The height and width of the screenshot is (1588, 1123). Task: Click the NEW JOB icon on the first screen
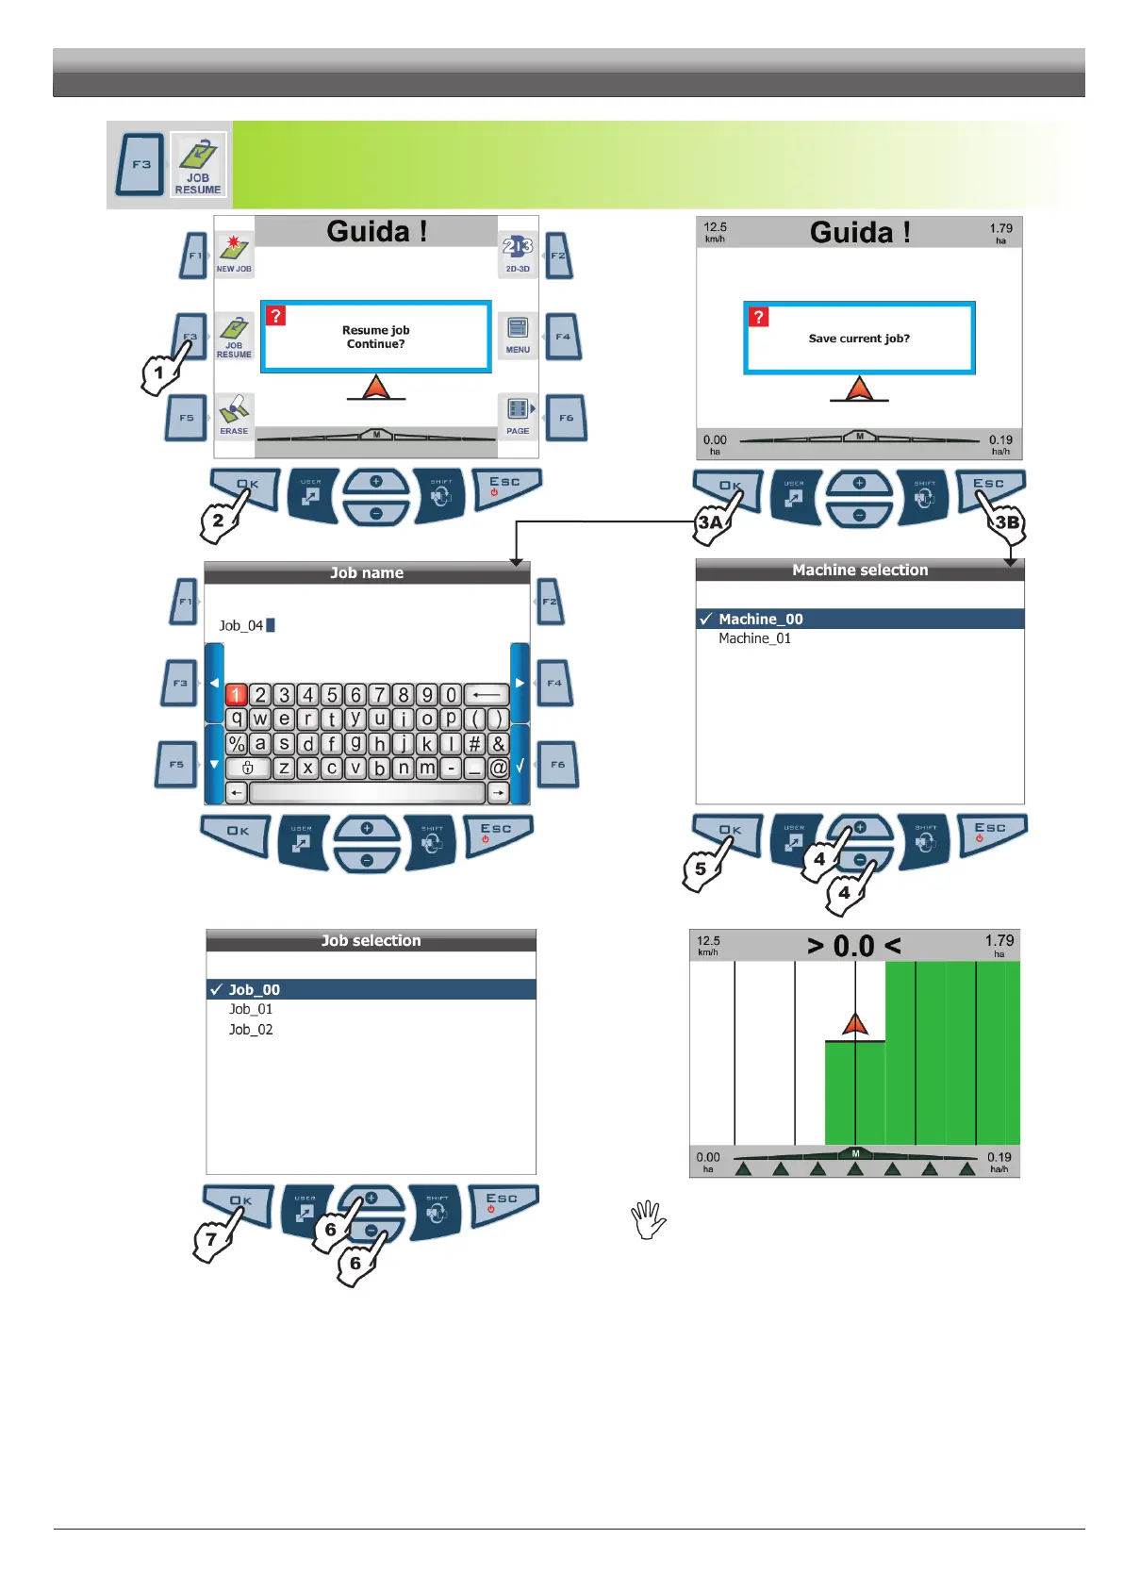pyautogui.click(x=233, y=253)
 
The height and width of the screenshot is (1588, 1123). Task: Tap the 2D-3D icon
pyautogui.click(x=518, y=253)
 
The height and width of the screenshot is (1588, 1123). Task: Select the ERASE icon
pyautogui.click(x=234, y=415)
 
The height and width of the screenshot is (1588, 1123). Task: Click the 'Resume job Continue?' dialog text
pyautogui.click(x=375, y=337)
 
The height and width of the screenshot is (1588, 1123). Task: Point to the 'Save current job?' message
pyautogui.click(x=859, y=339)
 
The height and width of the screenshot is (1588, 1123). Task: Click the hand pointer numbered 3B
pyautogui.click(x=1006, y=523)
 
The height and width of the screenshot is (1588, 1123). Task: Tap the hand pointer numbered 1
pyautogui.click(x=160, y=372)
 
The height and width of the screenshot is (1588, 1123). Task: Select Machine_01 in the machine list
pyautogui.click(x=754, y=638)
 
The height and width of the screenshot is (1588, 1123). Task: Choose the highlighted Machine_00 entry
pyautogui.click(x=760, y=619)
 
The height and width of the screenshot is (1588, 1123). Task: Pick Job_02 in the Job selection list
pyautogui.click(x=251, y=1030)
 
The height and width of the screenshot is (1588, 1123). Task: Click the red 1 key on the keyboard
pyautogui.click(x=236, y=695)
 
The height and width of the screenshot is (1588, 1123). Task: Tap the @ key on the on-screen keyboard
pyautogui.click(x=498, y=768)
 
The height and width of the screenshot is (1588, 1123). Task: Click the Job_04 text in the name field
pyautogui.click(x=241, y=625)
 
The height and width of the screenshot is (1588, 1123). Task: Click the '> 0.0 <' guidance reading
pyautogui.click(x=853, y=945)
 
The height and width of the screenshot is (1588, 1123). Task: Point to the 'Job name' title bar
pyautogui.click(x=367, y=572)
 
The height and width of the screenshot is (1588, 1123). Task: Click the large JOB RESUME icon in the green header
pyautogui.click(x=198, y=164)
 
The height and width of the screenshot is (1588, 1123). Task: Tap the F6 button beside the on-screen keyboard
pyautogui.click(x=557, y=765)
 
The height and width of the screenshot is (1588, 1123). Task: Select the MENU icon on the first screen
pyautogui.click(x=518, y=334)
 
